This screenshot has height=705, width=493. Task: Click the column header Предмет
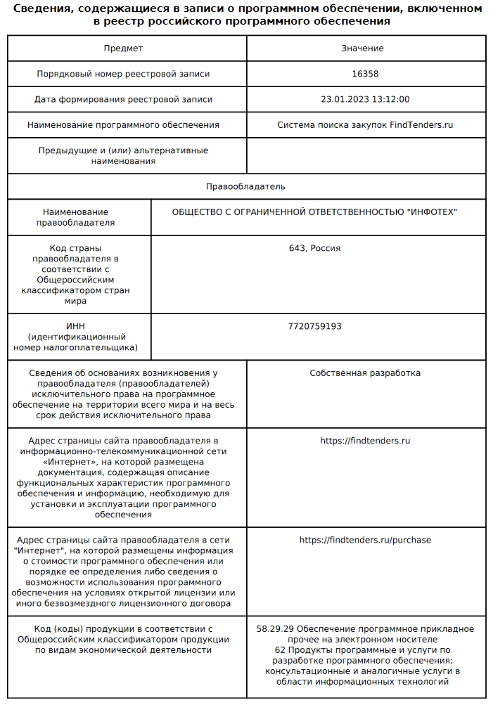point(123,48)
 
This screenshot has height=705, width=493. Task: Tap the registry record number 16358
point(365,74)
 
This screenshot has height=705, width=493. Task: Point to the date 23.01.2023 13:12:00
point(365,100)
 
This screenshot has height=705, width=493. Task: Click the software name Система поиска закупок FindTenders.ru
point(365,125)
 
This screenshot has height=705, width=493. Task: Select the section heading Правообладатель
point(245,186)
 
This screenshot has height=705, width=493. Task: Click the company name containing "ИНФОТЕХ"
point(314,212)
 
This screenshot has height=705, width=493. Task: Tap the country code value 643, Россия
point(314,248)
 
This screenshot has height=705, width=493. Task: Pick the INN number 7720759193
point(314,326)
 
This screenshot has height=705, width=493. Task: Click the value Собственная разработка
point(365,373)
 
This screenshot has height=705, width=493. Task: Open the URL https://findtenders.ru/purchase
point(365,540)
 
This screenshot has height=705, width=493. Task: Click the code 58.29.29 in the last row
point(276,629)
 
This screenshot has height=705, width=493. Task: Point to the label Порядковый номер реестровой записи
point(123,74)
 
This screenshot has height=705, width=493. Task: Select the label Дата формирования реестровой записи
point(123,100)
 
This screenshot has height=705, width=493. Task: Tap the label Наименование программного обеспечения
point(123,125)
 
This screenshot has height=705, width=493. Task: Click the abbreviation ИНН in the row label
point(75,326)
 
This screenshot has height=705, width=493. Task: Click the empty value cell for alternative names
point(366,155)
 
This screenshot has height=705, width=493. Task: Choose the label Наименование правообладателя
point(75,217)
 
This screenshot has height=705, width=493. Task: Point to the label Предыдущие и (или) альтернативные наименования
point(123,155)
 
